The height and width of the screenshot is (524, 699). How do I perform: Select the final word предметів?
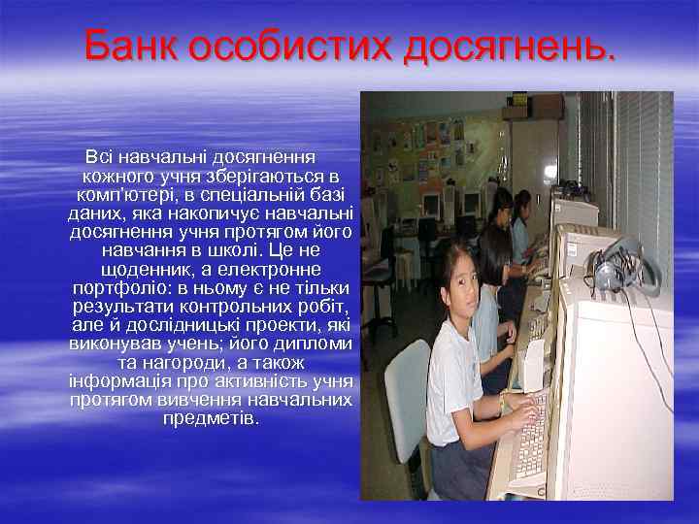pos(211,418)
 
